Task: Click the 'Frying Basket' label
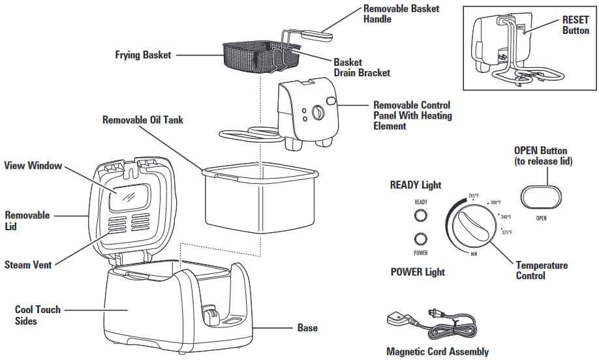tap(143, 55)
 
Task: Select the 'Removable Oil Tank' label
tap(143, 120)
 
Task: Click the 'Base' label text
tap(307, 327)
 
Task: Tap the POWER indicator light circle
tap(421, 239)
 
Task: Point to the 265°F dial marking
tap(474, 195)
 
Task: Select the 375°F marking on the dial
tap(506, 232)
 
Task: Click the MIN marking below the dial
tap(474, 253)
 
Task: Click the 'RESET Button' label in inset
tap(575, 25)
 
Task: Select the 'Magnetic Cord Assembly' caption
tap(437, 352)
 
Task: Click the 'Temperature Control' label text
tap(541, 271)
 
